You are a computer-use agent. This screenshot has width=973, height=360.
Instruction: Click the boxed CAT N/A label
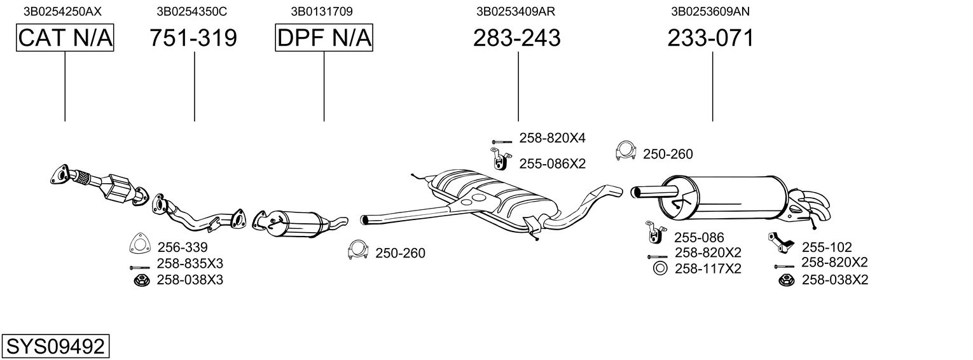[x=65, y=38]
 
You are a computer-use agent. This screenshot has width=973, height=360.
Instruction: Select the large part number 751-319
[x=193, y=38]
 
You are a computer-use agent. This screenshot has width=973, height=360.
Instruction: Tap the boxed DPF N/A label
[x=324, y=38]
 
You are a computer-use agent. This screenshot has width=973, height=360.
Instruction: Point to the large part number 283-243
[x=517, y=38]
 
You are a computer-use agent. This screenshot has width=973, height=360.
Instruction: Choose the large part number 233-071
[x=710, y=38]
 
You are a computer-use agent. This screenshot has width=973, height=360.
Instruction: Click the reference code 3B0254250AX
[x=62, y=11]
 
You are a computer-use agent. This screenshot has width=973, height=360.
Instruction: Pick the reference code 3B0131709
[x=322, y=11]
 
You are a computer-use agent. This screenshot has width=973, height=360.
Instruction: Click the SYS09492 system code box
[x=56, y=347]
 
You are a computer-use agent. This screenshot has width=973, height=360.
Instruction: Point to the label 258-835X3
[x=190, y=263]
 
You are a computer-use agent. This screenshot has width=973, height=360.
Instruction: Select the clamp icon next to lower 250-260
[x=358, y=251]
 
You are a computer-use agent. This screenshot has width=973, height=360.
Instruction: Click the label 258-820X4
[x=552, y=138]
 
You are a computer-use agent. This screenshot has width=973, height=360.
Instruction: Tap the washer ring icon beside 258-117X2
[x=659, y=268]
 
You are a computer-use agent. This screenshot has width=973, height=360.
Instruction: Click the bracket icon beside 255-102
[x=780, y=242]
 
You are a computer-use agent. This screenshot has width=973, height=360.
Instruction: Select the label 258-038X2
[x=834, y=280]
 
